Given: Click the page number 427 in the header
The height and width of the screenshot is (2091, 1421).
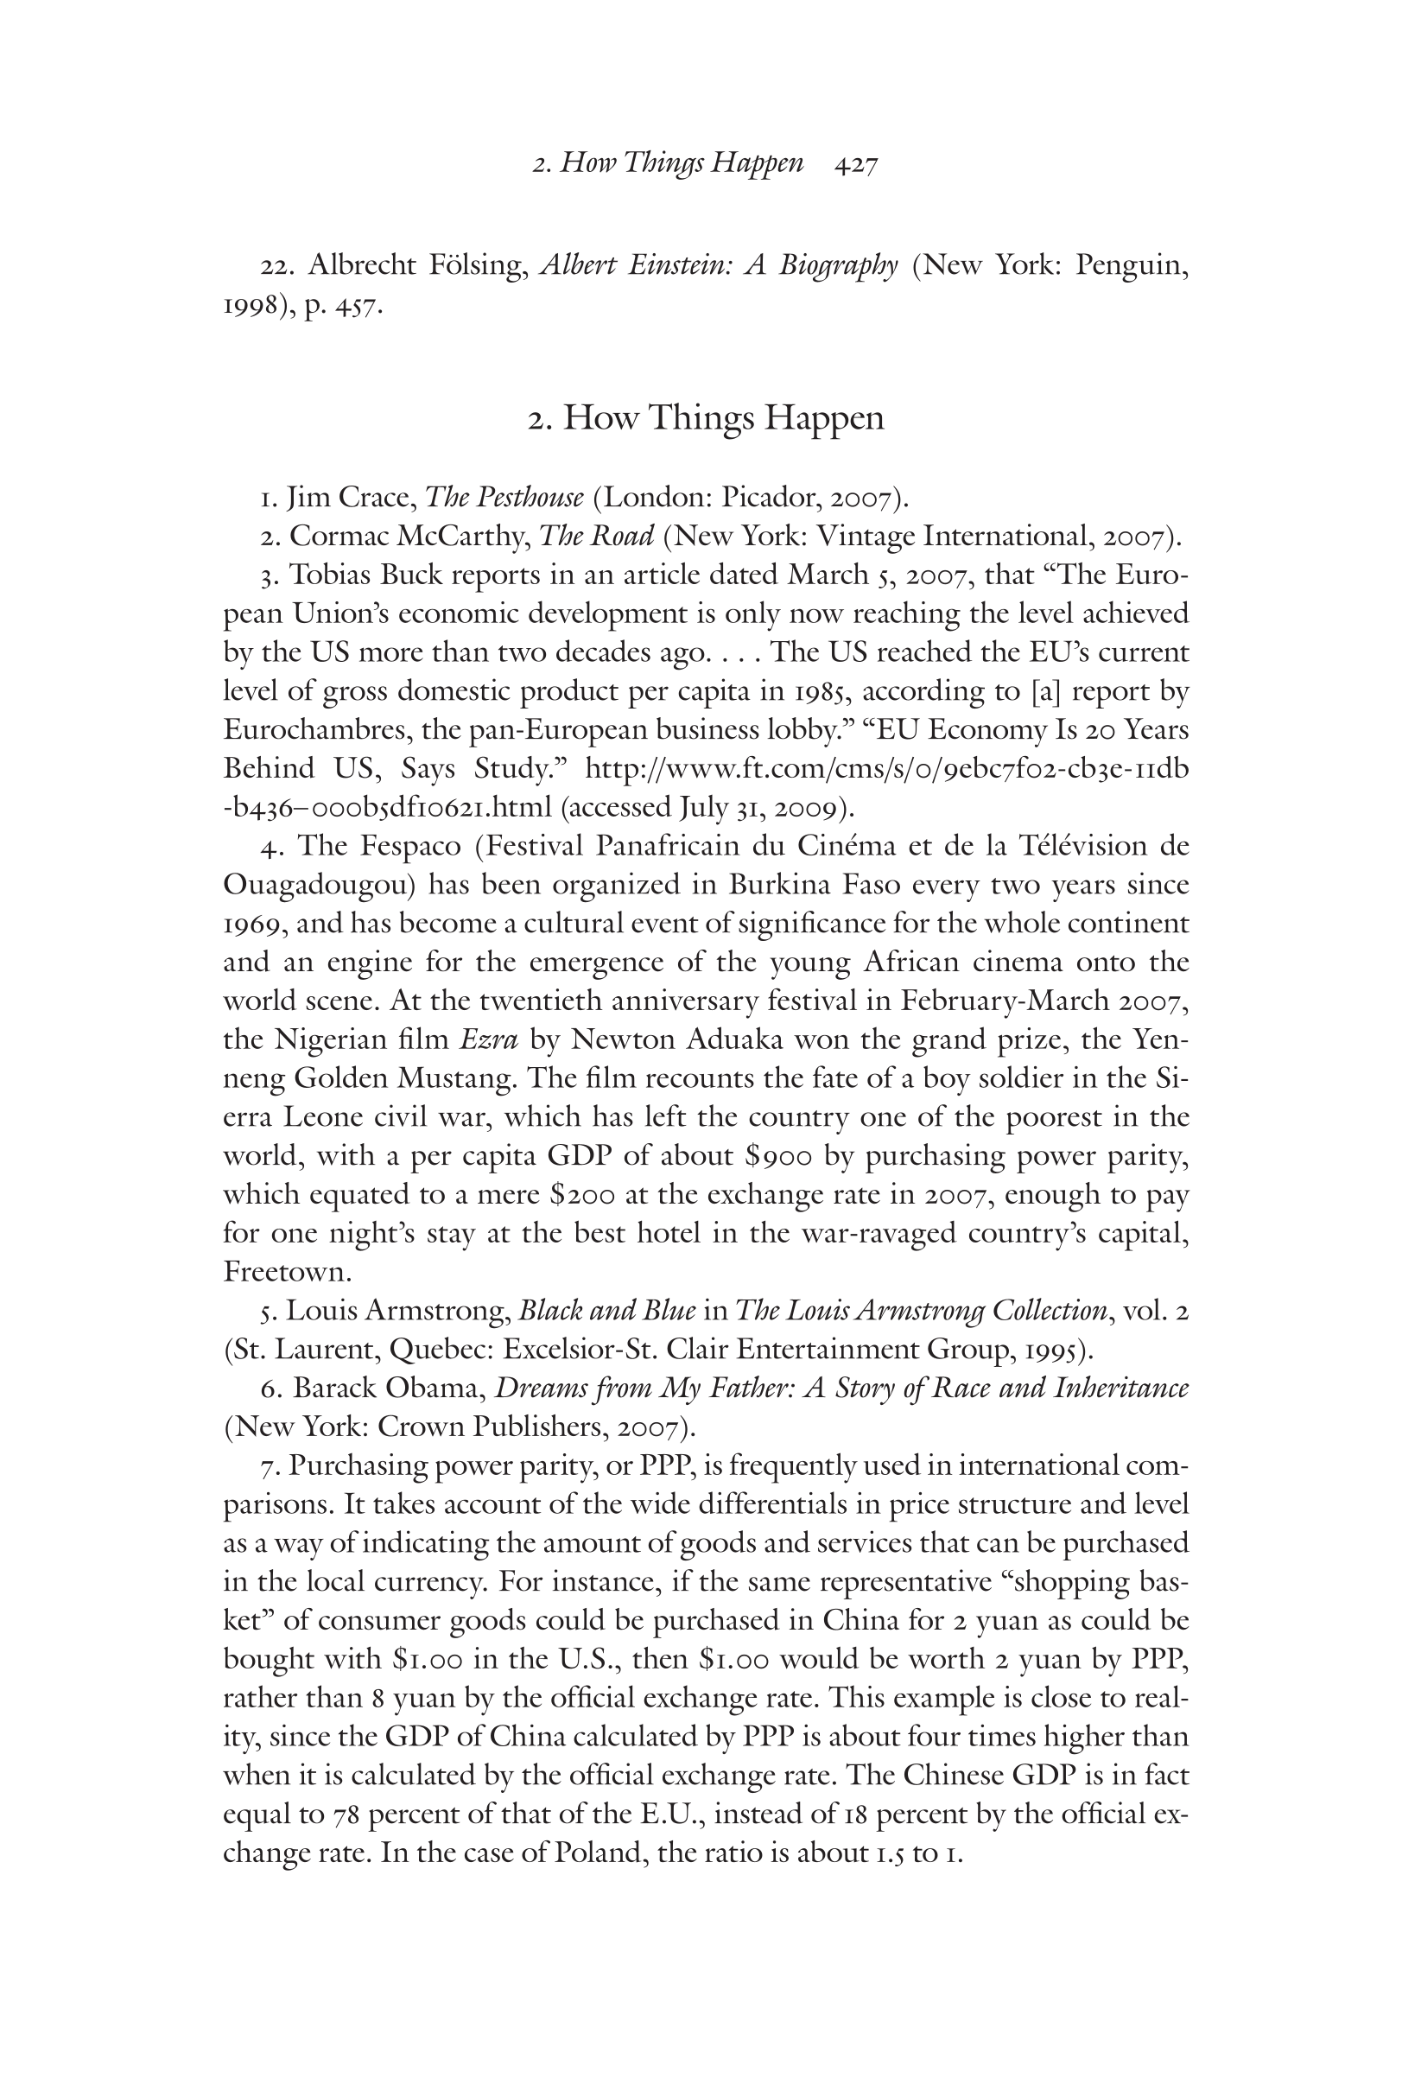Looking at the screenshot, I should pyautogui.click(x=855, y=164).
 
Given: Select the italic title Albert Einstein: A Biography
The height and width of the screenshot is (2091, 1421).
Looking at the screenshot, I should pyautogui.click(x=718, y=266).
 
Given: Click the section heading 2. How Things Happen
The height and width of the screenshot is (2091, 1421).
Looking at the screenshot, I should pyautogui.click(x=706, y=418).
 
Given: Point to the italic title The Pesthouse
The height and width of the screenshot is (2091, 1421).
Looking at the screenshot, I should pyautogui.click(x=504, y=497).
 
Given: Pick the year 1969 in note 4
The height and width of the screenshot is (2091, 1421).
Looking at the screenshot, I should pyautogui.click(x=253, y=924).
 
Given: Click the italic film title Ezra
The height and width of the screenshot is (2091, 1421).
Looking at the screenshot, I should pyautogui.click(x=488, y=1040).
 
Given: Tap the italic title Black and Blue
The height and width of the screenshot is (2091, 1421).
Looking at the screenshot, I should pyautogui.click(x=607, y=1311).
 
